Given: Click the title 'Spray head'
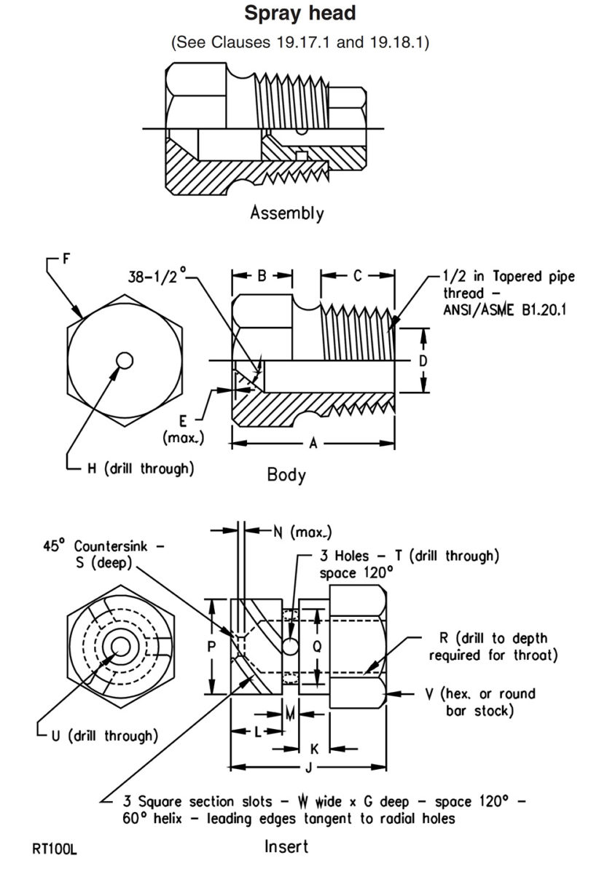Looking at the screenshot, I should coord(300,13).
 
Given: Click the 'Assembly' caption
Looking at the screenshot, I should coord(286,213).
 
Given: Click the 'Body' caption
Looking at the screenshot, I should coord(286,476).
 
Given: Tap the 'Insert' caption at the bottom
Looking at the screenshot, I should coord(286,846).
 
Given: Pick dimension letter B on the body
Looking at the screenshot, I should coord(262,276).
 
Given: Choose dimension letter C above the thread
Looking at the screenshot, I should coord(358,276).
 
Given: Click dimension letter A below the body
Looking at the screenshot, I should coord(313,442).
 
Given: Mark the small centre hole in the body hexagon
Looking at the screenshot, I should coord(125,361).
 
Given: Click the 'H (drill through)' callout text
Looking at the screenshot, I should coord(141,468).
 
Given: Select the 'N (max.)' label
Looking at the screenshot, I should coord(291,532).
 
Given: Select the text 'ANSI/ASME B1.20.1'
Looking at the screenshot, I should coord(506,310).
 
